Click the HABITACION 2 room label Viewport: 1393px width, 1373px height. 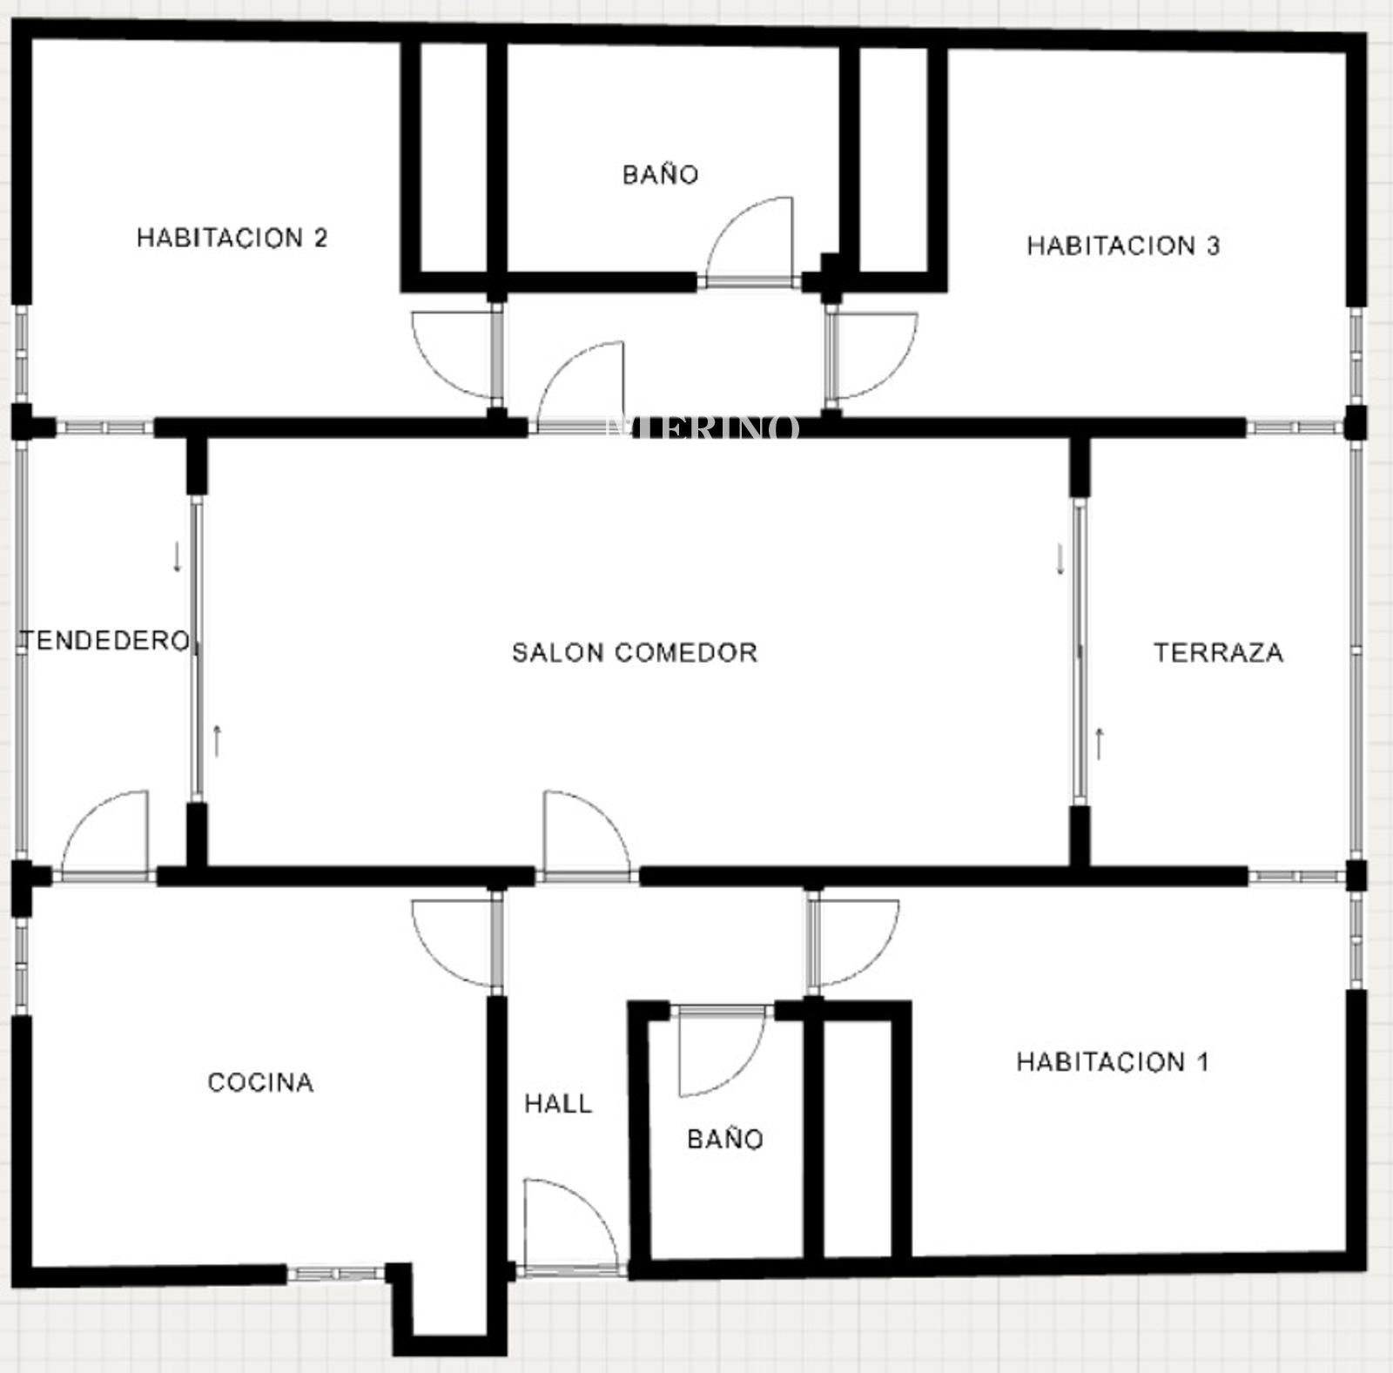pos(232,238)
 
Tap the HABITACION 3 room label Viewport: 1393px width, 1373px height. pos(1123,246)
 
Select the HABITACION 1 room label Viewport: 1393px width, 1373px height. pos(1113,1062)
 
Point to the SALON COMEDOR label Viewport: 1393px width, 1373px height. pos(635,652)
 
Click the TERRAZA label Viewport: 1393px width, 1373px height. pos(1218,652)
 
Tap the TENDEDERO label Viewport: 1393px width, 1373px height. pos(105,641)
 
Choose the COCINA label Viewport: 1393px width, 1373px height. pos(260,1082)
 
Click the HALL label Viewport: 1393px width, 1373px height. pos(558,1104)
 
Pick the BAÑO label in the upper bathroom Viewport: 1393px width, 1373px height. pos(661,174)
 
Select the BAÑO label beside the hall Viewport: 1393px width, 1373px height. pos(725,1138)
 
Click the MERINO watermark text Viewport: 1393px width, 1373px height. pos(702,427)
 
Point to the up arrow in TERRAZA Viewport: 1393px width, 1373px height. pos(1100,744)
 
